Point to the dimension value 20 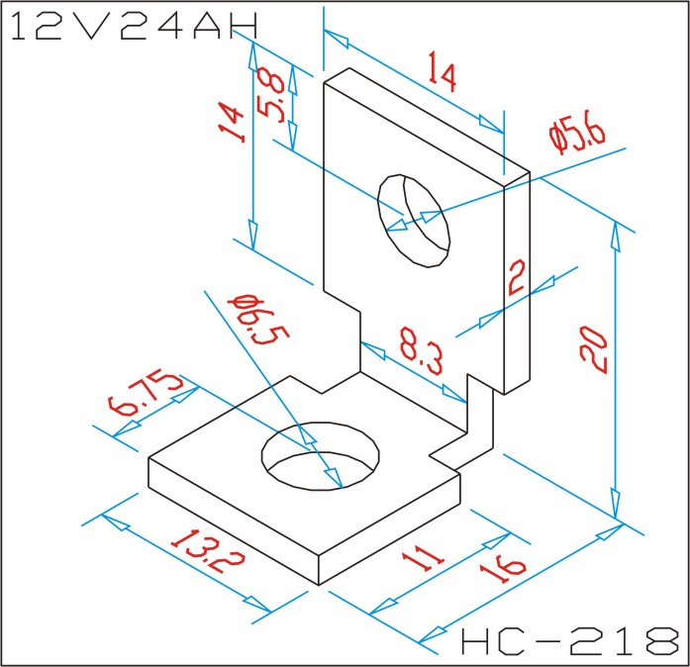596,351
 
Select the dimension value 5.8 273,95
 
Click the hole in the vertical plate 414,221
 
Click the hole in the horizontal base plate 321,456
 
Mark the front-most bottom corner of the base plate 318,583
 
